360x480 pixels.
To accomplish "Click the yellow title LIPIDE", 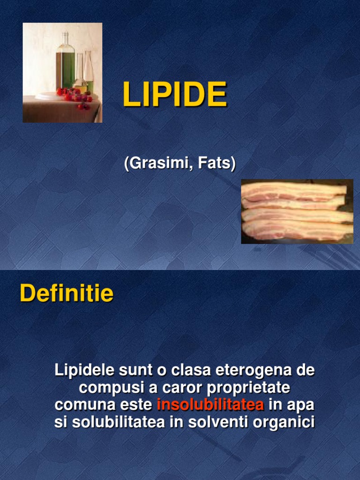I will pyautogui.click(x=174, y=95).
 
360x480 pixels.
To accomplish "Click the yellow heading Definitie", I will pyautogui.click(x=67, y=294).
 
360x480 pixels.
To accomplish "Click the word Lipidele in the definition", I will pyautogui.click(x=84, y=370).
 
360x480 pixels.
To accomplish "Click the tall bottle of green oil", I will pyautogui.click(x=65, y=63).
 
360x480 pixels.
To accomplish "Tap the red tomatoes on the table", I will pyautogui.click(x=74, y=96).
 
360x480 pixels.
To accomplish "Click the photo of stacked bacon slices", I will pyautogui.click(x=297, y=211).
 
